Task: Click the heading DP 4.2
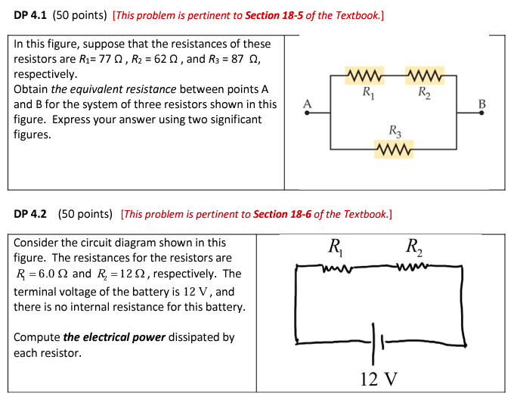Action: (30, 214)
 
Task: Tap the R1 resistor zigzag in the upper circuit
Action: (365, 76)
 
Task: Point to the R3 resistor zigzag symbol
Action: (394, 147)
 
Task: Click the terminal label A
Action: (306, 104)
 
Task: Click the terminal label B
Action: (482, 104)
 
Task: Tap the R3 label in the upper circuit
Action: (395, 131)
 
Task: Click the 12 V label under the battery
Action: (379, 379)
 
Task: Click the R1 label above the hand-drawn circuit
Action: (334, 246)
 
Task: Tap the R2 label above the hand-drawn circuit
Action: (414, 246)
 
